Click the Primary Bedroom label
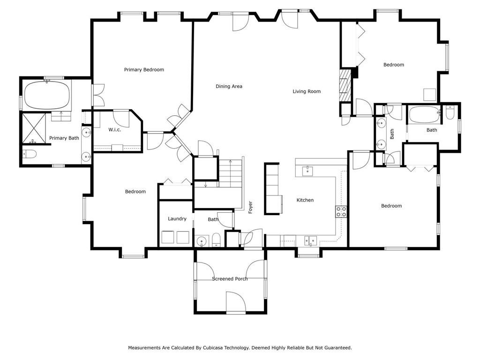click(144, 70)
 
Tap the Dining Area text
click(229, 86)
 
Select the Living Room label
click(307, 91)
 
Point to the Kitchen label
click(305, 200)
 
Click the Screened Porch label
click(230, 278)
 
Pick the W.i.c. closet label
click(115, 130)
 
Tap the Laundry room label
click(177, 218)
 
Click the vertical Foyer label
click(250, 207)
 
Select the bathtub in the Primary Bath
click(47, 95)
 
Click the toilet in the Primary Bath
click(30, 154)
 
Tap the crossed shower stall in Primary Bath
click(34, 128)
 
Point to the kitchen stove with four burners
click(341, 211)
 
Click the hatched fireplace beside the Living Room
click(345, 85)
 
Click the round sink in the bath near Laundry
click(202, 241)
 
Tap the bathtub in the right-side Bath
click(424, 114)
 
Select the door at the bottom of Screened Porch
click(236, 303)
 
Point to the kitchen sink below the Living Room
click(307, 172)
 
